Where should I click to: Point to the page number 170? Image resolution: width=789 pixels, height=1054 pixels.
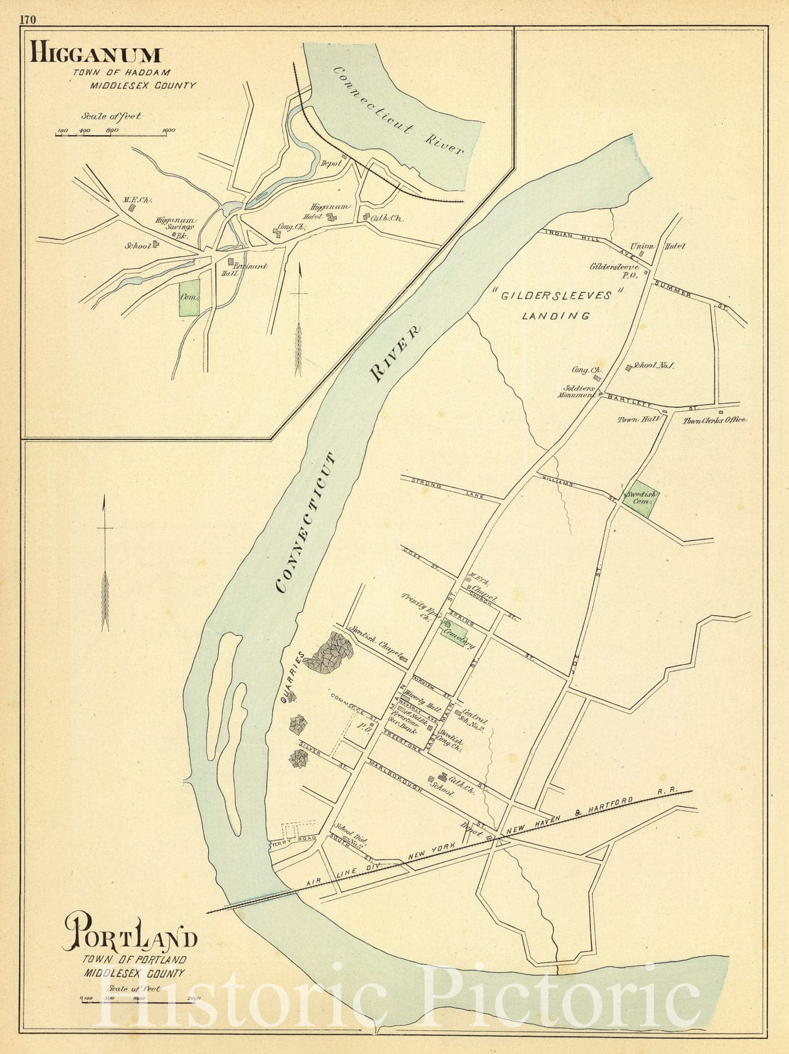tap(28, 19)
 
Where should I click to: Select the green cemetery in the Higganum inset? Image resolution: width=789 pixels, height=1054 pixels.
tap(189, 298)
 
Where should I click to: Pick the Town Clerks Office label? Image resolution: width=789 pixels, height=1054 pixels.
tap(714, 420)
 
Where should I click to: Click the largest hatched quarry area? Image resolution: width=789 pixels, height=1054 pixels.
tap(329, 653)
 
